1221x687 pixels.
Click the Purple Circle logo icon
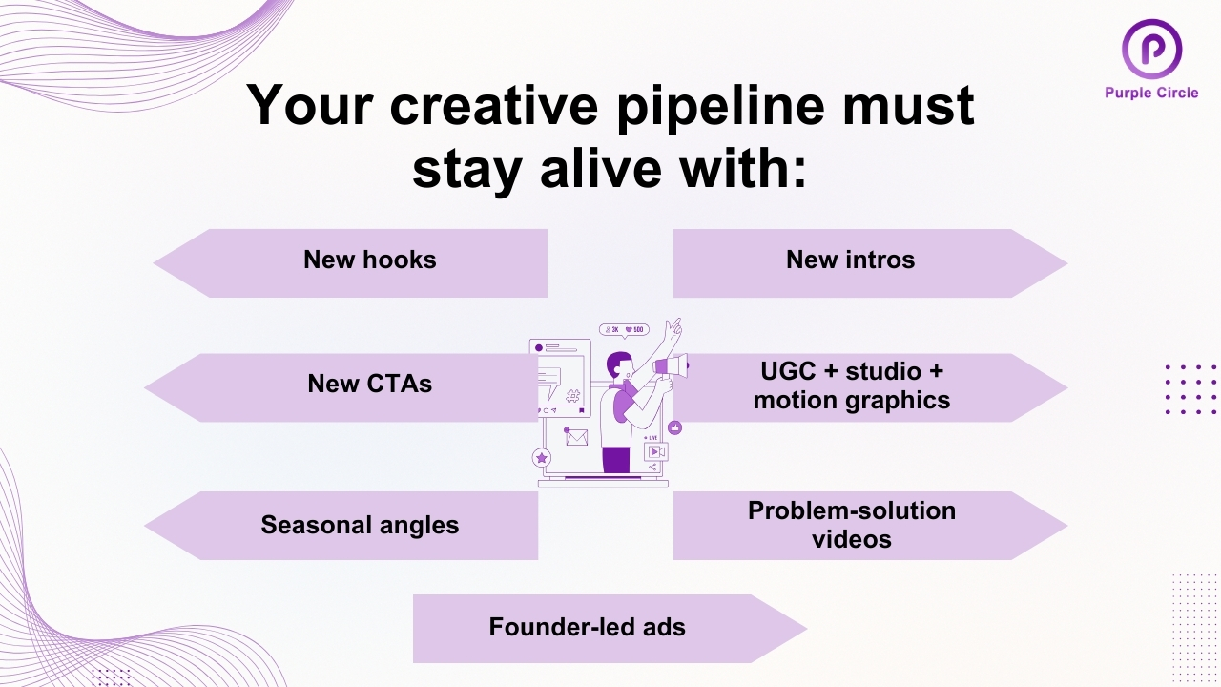[1151, 49]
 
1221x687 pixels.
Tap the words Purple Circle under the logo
[1151, 93]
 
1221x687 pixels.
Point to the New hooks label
[369, 260]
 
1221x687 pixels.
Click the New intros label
[850, 260]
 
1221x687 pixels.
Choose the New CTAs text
[369, 384]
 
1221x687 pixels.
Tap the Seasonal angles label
[360, 525]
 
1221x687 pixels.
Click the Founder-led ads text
[587, 627]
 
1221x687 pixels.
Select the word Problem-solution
[851, 510]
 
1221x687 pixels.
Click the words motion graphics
[851, 400]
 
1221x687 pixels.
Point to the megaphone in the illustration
[672, 365]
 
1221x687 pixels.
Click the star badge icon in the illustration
[542, 458]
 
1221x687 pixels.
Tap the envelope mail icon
[575, 438]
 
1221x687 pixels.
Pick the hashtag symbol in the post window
[572, 397]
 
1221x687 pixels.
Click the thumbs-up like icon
[675, 427]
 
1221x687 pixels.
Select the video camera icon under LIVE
[656, 451]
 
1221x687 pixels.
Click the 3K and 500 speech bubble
[624, 329]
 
